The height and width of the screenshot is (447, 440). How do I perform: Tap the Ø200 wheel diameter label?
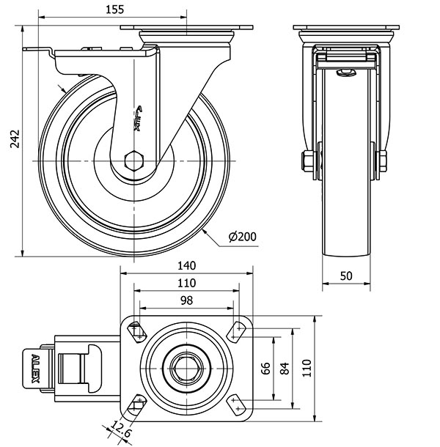pyautogui.click(x=243, y=237)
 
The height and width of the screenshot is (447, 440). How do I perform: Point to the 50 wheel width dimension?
pyautogui.click(x=349, y=275)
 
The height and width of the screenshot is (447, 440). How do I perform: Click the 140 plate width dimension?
pyautogui.click(x=186, y=266)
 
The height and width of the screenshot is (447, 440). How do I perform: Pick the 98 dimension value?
pyautogui.click(x=186, y=300)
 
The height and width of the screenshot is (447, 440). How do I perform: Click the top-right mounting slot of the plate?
pyautogui.click(x=237, y=331)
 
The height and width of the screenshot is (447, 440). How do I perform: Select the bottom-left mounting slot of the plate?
pyautogui.click(x=136, y=404)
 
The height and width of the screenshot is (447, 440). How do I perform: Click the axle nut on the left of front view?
pyautogui.click(x=306, y=160)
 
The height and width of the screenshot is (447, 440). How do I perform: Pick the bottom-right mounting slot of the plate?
pyautogui.click(x=237, y=404)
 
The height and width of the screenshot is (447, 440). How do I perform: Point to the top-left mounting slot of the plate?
pyautogui.click(x=136, y=331)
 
